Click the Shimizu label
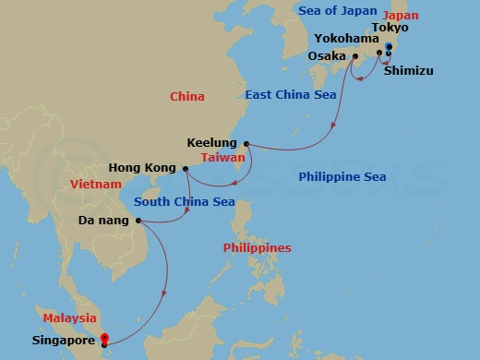[407, 70]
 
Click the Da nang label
[104, 221]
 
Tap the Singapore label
[66, 340]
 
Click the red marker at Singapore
[103, 339]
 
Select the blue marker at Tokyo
[389, 47]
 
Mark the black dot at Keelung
[246, 144]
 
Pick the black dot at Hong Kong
[186, 169]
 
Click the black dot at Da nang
[138, 221]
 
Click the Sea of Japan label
[338, 10]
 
